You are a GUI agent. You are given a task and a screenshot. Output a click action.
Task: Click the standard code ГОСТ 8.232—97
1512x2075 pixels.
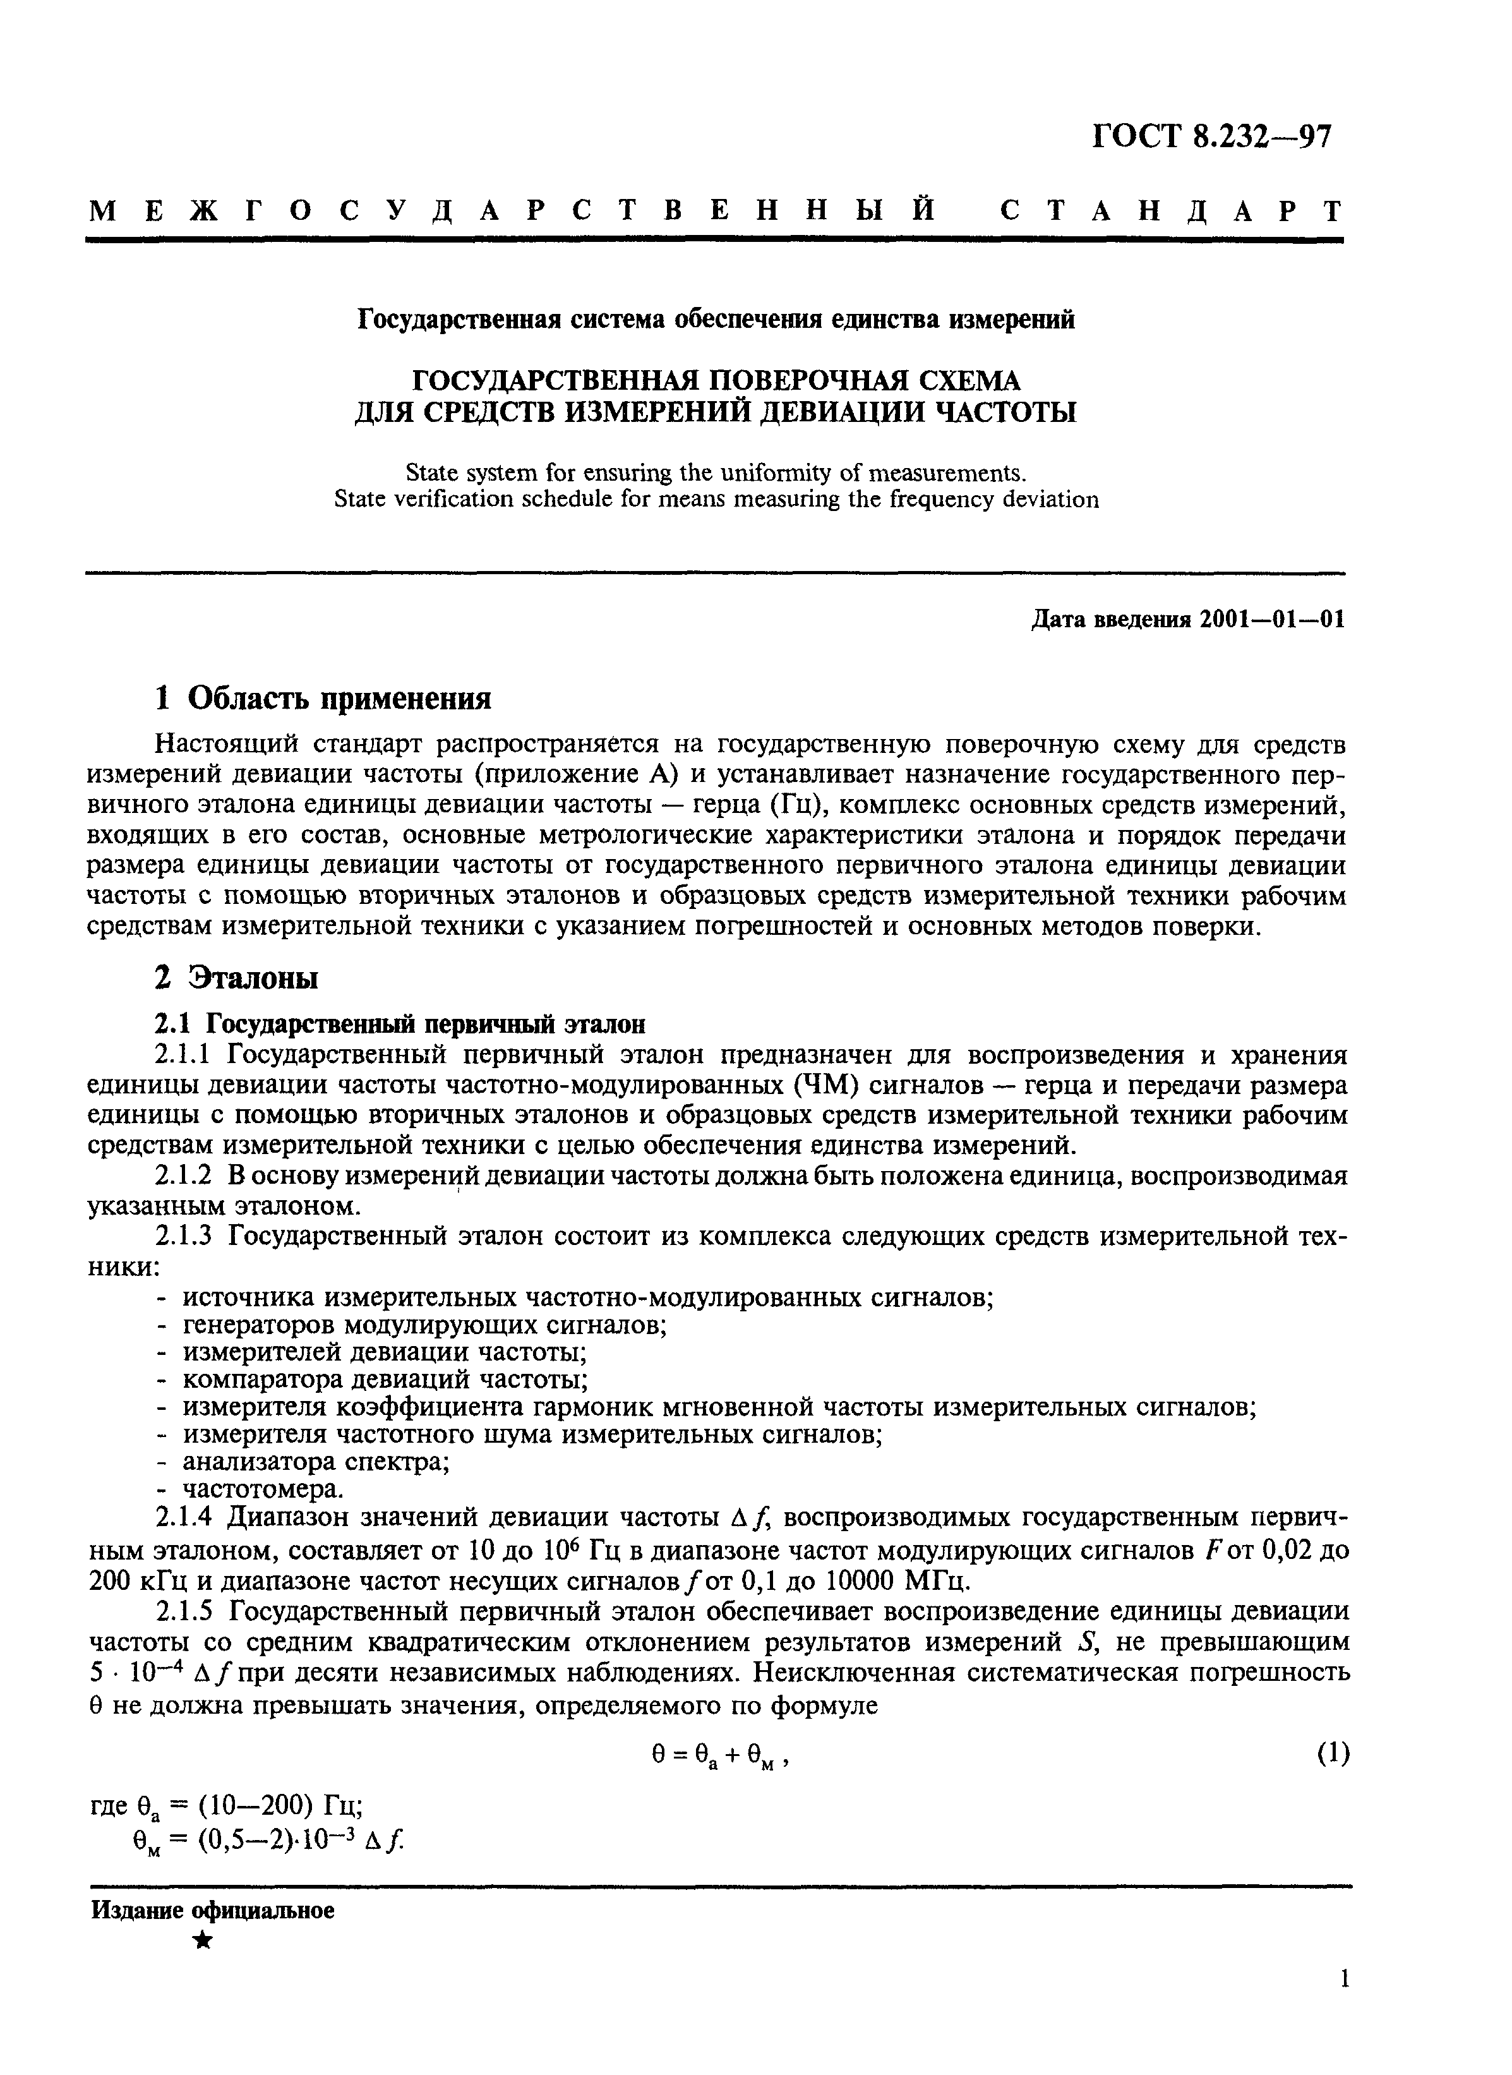[x=1212, y=136]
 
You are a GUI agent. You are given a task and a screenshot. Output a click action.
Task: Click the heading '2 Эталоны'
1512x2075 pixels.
[x=236, y=978]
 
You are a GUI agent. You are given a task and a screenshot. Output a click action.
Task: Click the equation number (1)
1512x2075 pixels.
[x=1333, y=1752]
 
